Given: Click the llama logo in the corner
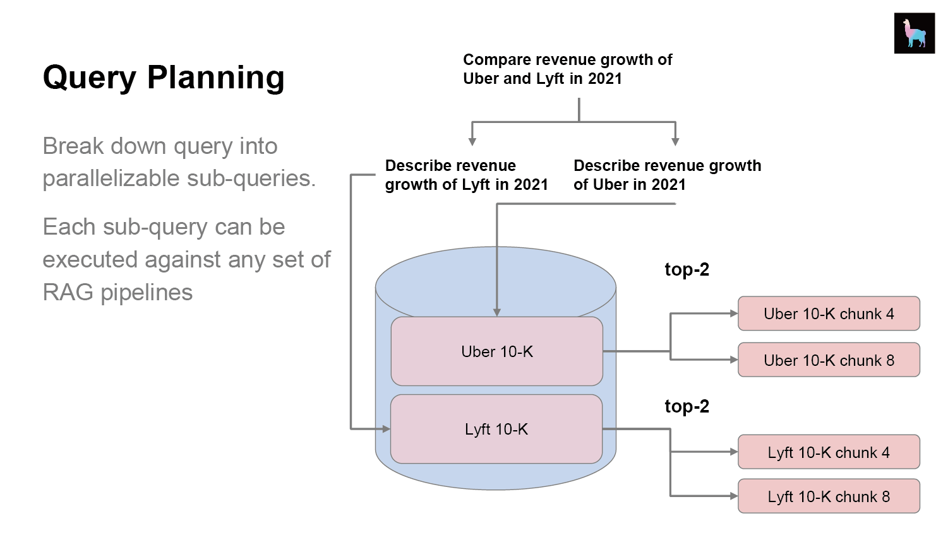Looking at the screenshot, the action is click(x=914, y=33).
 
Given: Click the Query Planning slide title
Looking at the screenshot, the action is click(x=164, y=78).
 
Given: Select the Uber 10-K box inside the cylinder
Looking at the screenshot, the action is click(x=497, y=351).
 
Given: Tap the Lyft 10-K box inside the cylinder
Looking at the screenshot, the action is click(x=496, y=429).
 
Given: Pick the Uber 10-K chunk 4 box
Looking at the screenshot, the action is click(x=829, y=313).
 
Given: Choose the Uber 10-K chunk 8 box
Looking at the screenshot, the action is click(x=829, y=360).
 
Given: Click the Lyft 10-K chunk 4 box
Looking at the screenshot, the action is click(x=829, y=452).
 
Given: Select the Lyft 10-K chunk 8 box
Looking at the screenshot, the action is click(x=829, y=496).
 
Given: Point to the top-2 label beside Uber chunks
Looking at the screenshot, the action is click(x=687, y=270).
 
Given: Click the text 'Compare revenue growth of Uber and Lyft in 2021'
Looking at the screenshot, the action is click(x=568, y=69).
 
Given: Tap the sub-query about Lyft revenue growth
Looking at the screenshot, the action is click(x=466, y=175).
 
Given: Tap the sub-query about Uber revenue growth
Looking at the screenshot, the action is click(x=668, y=175).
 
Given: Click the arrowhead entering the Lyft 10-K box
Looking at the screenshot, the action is click(x=387, y=429).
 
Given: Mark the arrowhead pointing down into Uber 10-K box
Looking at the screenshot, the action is click(x=497, y=312).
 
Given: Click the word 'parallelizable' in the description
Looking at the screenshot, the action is click(x=111, y=179).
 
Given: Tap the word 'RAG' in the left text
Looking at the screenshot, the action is click(x=68, y=292).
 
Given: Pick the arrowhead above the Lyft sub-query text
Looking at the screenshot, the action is click(x=472, y=141).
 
